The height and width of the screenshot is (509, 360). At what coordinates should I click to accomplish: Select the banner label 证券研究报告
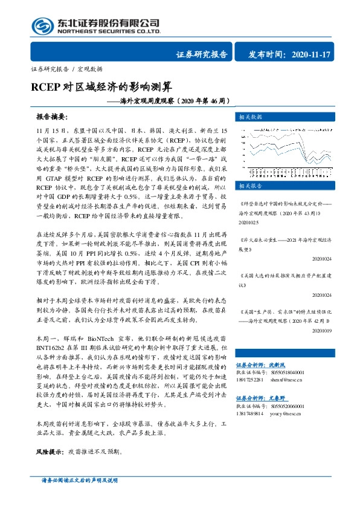click(202, 55)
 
